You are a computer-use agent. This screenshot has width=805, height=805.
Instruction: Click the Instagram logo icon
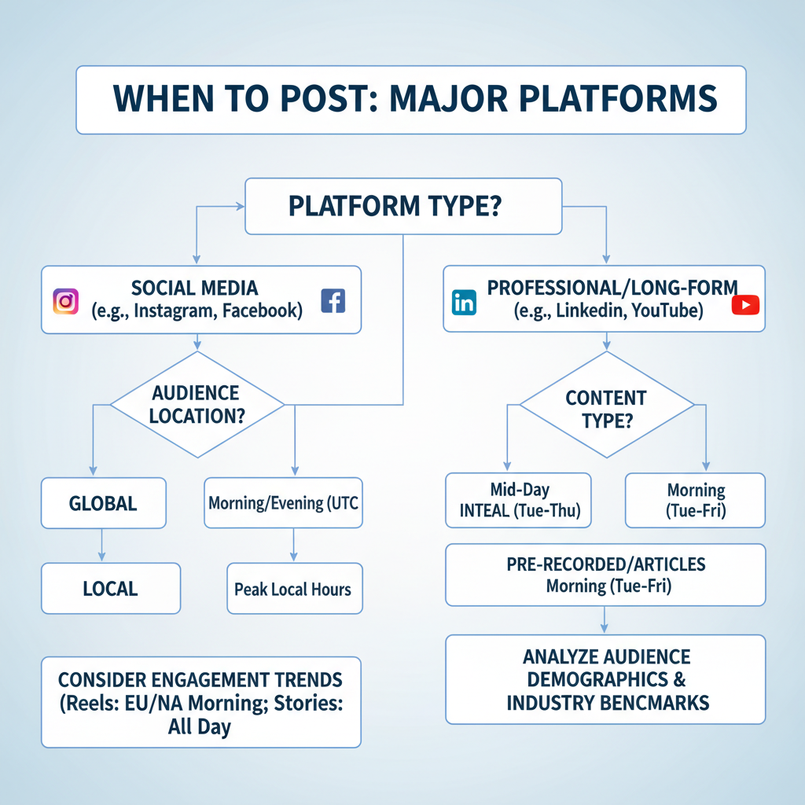pos(65,301)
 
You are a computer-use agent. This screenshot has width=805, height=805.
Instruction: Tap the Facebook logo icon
pos(333,300)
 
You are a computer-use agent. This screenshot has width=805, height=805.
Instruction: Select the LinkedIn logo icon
pos(465,303)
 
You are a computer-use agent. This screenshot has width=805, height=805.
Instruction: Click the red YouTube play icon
pos(745,304)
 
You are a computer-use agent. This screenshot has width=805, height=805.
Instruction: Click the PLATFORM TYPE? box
pos(403,206)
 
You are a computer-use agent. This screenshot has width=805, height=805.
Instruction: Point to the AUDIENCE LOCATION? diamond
pos(196,404)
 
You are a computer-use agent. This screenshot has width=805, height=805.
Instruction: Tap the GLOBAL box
pos(103,503)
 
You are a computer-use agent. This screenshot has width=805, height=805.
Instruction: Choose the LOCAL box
pos(110,588)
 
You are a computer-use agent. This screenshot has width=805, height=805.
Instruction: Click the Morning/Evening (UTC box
pos(283,502)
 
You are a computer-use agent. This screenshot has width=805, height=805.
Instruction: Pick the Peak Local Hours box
pos(294,589)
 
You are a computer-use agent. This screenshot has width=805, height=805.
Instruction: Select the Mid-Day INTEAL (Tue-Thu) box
pos(519,500)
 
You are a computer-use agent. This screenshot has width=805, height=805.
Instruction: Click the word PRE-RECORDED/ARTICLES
pos(605,564)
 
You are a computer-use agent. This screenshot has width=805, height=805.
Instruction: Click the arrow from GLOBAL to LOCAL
pos(103,545)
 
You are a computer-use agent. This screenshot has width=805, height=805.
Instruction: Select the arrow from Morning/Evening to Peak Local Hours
pos(294,545)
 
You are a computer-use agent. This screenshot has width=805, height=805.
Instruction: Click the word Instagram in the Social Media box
pos(175,310)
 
